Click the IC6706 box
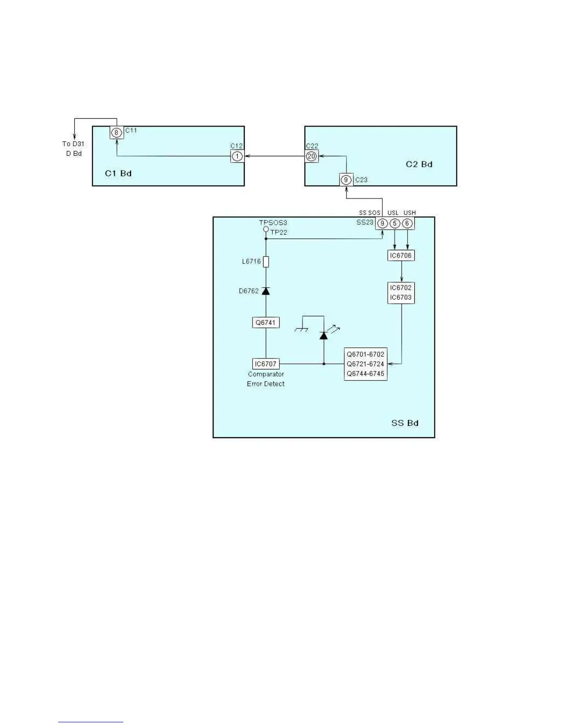(401, 256)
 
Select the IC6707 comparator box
(266, 364)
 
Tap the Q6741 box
(266, 323)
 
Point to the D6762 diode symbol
(266, 291)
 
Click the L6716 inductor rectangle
(266, 262)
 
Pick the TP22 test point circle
(266, 229)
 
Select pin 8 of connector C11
(117, 133)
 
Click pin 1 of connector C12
(237, 156)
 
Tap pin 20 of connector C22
(312, 156)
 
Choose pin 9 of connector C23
(346, 180)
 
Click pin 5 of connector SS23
(395, 224)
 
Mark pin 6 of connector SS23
(407, 224)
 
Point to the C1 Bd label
(118, 173)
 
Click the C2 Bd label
(419, 164)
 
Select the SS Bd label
(405, 423)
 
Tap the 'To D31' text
(73, 144)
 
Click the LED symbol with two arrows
(324, 335)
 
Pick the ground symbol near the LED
(301, 330)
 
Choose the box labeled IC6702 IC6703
(401, 292)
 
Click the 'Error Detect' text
(266, 384)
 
